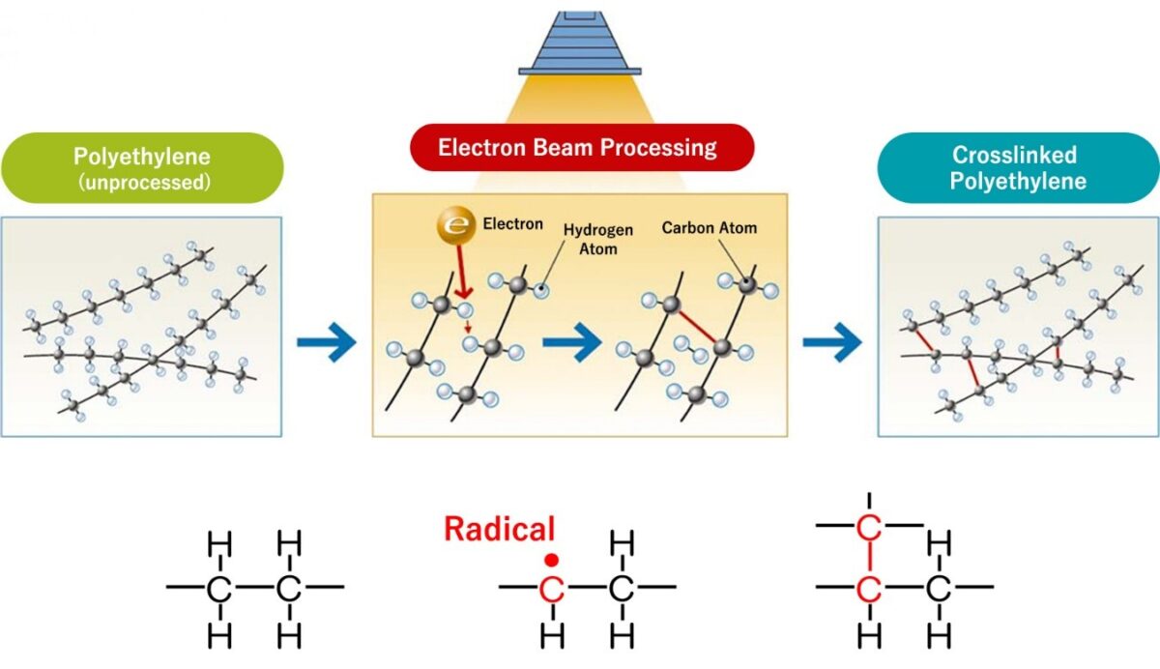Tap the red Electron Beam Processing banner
(578, 148)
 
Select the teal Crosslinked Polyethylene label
(1018, 167)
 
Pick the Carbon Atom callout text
(710, 228)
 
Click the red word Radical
(499, 529)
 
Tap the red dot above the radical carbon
(551, 559)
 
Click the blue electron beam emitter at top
(580, 44)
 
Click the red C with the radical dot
(551, 588)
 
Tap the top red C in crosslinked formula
(869, 527)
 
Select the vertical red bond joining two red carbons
(869, 557)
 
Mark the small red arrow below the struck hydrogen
(469, 327)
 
